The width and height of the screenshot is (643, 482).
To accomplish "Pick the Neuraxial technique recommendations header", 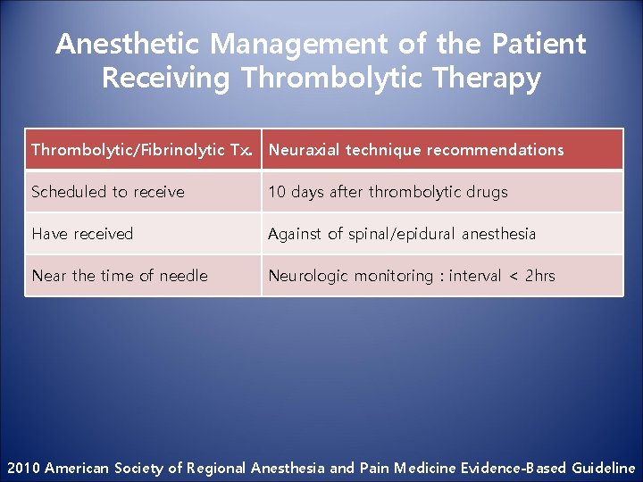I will pos(416,150).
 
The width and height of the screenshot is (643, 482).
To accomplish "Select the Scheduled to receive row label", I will pos(108,192).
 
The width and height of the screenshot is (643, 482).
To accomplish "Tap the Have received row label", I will pos(82,234).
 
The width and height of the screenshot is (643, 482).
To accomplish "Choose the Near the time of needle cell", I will pos(120,276).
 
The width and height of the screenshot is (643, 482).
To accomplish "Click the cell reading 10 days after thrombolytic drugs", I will pos(388,192).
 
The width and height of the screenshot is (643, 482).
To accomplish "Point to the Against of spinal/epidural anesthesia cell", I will pos(402,234).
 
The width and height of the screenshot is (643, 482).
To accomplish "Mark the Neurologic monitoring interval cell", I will pos(412,276).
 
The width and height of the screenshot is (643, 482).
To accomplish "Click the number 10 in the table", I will pos(277,192).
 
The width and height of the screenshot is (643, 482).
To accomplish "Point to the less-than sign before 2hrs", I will pos(513,276).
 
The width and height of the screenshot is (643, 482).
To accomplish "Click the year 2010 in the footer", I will pos(23,468).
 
